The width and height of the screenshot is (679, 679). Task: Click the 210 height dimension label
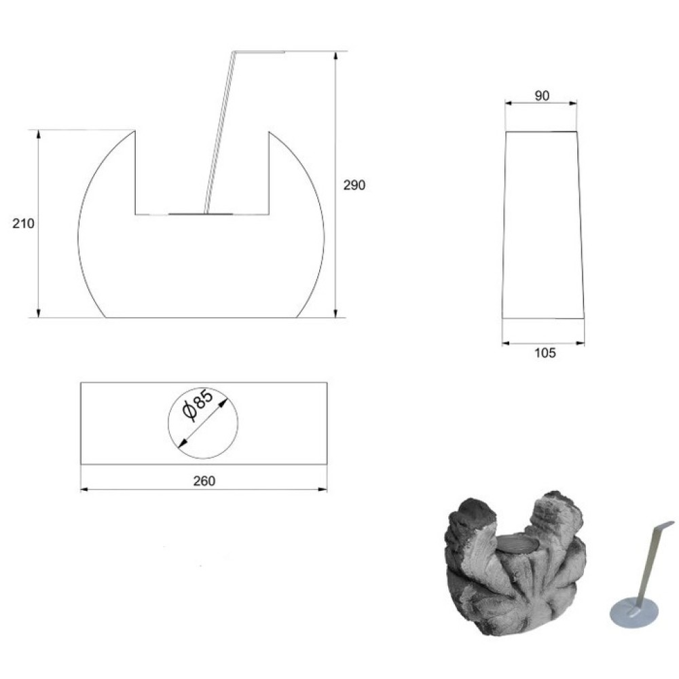pos(23,224)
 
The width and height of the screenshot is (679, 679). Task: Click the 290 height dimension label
pos(354,185)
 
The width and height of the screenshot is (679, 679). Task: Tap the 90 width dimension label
pos(542,96)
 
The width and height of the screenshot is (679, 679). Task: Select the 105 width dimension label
pos(545,353)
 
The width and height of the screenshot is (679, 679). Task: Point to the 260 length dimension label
pos(204,481)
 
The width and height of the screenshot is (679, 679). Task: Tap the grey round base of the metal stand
pos(634,612)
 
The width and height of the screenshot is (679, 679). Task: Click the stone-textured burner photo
pos(515,562)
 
